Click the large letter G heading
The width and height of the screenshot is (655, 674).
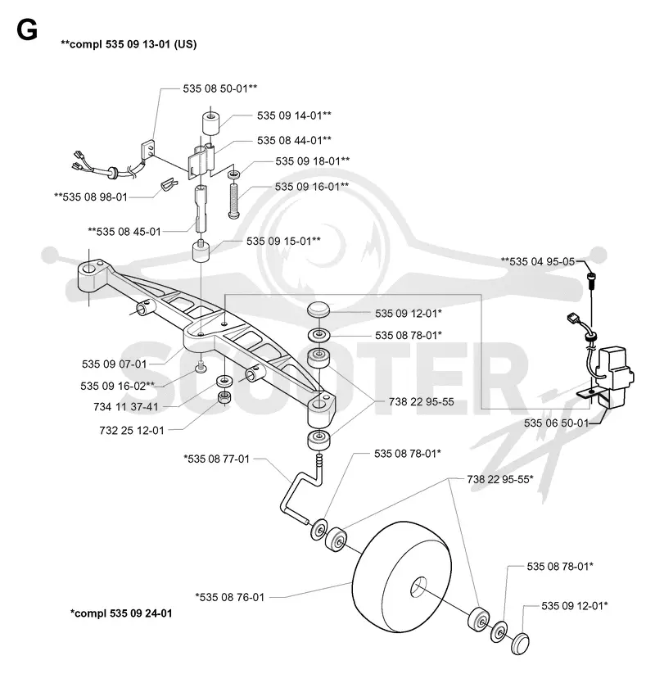click(27, 30)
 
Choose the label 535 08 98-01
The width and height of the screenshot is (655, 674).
click(95, 197)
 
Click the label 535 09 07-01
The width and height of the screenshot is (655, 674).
click(115, 364)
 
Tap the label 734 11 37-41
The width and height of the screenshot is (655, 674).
click(126, 407)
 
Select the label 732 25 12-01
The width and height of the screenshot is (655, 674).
click(132, 430)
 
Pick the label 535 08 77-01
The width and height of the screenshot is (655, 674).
click(219, 459)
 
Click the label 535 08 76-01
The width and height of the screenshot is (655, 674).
click(232, 597)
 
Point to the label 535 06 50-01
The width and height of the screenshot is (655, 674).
click(556, 423)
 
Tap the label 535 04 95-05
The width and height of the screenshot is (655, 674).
click(542, 261)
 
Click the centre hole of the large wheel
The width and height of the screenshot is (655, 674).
click(418, 586)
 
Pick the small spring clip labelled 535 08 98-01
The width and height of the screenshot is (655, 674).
click(169, 184)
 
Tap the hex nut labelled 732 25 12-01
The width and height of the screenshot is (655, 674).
click(224, 398)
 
